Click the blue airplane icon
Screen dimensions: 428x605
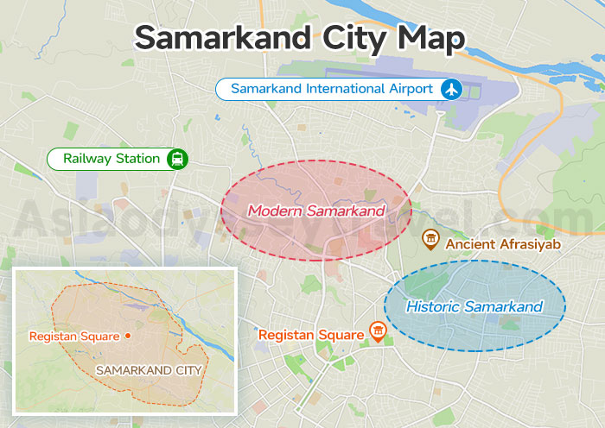tap(451, 89)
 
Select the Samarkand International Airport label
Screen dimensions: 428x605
tap(332, 89)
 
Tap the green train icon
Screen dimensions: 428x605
tap(177, 159)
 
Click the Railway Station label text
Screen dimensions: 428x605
tap(111, 159)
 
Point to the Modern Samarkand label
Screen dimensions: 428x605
tap(315, 211)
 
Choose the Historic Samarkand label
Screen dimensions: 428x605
tap(474, 306)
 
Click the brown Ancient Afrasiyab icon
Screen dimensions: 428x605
tap(430, 239)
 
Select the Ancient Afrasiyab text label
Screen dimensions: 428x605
tap(504, 244)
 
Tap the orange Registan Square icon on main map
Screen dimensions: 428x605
tap(378, 330)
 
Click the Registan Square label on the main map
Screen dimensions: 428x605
tap(311, 334)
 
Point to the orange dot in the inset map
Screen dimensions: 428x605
tap(128, 335)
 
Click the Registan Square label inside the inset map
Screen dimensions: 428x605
tap(74, 336)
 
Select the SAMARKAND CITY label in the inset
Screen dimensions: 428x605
tap(149, 370)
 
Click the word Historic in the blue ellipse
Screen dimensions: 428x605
tap(431, 306)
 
